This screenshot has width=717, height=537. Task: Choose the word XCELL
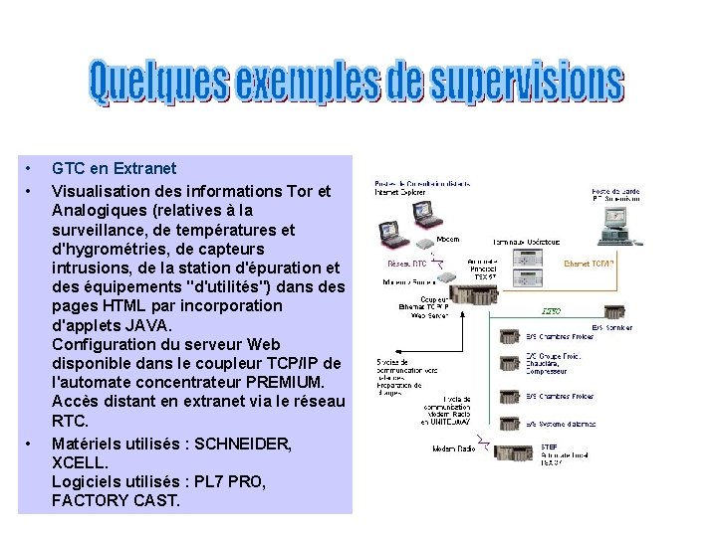point(80,461)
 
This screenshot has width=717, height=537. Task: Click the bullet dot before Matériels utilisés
point(29,443)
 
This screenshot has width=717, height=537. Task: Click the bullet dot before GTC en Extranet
point(29,169)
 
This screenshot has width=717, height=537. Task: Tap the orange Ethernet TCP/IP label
point(589,265)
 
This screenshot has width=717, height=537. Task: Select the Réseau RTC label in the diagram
point(406,265)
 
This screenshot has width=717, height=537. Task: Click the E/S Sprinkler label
point(611,327)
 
